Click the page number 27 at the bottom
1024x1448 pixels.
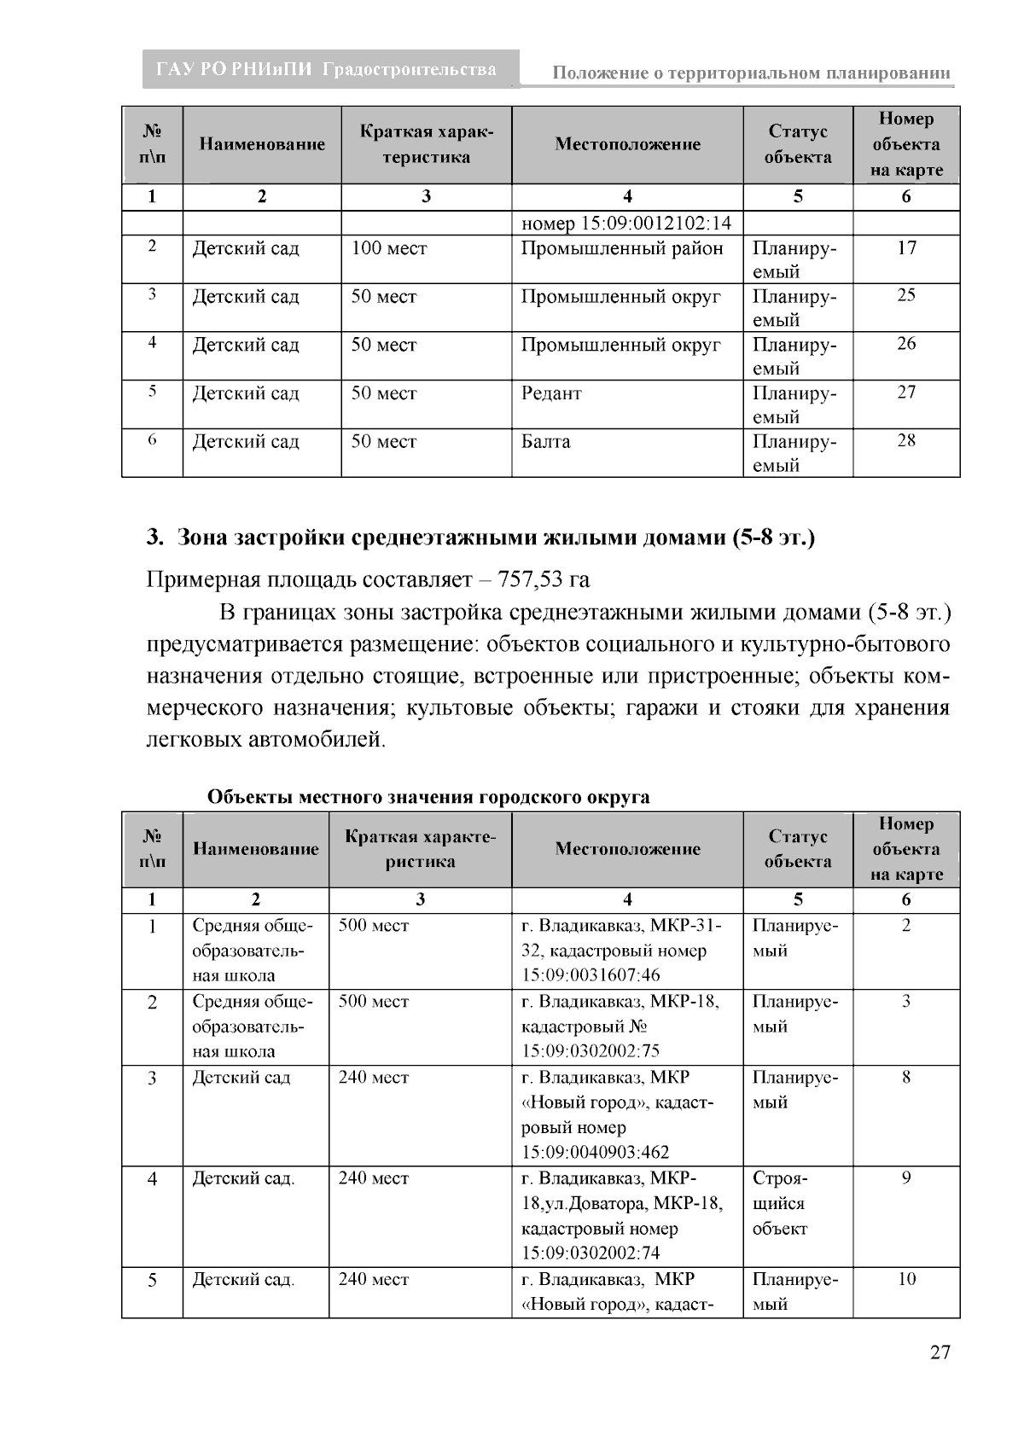pos(939,1353)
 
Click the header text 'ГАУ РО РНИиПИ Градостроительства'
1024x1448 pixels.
pos(327,70)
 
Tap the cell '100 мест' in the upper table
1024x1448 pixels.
pos(389,249)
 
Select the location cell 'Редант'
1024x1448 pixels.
pos(551,393)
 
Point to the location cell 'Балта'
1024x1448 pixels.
pos(546,442)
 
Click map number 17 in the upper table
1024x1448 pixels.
pos(906,248)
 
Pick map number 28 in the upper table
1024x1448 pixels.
pos(906,441)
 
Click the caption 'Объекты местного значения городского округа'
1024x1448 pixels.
pos(428,797)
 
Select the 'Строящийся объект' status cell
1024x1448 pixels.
pos(779,1203)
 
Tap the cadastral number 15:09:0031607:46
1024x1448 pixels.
pos(591,975)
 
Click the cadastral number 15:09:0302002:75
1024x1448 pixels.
pos(591,1051)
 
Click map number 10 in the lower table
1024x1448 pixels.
pos(906,1279)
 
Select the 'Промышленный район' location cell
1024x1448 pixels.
pos(622,249)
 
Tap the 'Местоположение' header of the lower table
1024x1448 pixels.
pos(627,849)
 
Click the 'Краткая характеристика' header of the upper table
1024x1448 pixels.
pos(426,144)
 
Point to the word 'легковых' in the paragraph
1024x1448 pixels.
pos(194,740)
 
